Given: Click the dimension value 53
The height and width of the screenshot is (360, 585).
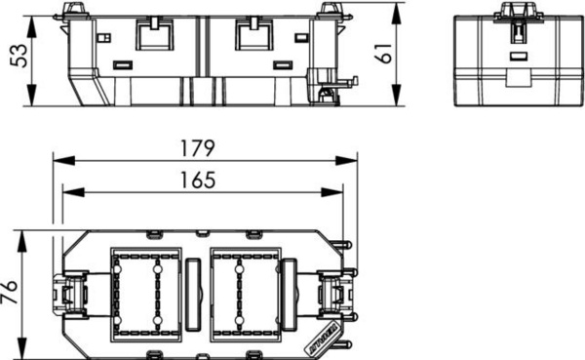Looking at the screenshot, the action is tap(19, 56).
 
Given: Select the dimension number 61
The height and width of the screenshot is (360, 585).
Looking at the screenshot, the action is tap(384, 53).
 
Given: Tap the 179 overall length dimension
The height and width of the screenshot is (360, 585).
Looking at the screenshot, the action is tap(197, 148).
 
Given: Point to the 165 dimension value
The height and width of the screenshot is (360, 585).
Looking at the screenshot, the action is tap(198, 180).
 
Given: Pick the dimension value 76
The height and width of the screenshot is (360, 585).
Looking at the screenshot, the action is tap(9, 292).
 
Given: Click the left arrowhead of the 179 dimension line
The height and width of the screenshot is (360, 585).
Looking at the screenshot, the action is tap(63, 161).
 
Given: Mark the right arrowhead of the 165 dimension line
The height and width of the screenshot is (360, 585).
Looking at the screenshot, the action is tap(331, 192).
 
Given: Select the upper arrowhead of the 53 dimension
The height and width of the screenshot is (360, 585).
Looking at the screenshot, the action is tap(32, 27).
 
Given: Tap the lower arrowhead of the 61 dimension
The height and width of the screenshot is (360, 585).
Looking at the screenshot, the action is tap(397, 96).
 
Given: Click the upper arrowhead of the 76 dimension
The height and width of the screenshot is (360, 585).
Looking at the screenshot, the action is tap(22, 242).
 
